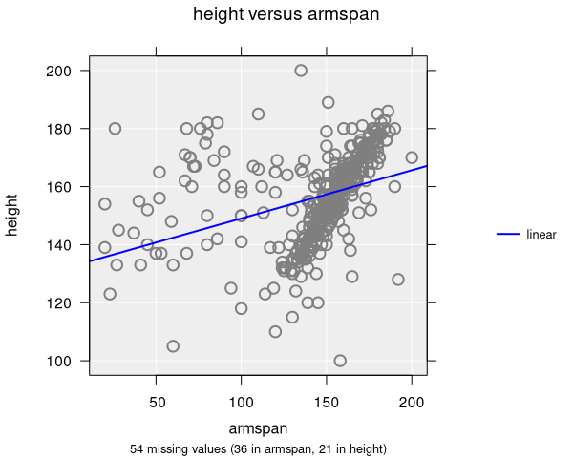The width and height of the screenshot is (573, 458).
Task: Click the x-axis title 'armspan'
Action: [x=258, y=428]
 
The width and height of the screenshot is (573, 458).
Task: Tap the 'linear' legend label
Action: [x=541, y=234]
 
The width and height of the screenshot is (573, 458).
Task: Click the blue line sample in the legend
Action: [x=508, y=234]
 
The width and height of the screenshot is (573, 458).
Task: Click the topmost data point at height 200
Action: [x=301, y=71]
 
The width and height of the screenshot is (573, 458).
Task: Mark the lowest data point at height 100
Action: [x=340, y=361]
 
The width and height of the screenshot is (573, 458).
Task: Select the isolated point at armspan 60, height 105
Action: [x=173, y=346]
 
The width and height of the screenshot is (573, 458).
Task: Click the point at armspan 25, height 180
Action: [x=115, y=129]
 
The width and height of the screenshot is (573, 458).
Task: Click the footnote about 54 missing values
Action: [x=258, y=448]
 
